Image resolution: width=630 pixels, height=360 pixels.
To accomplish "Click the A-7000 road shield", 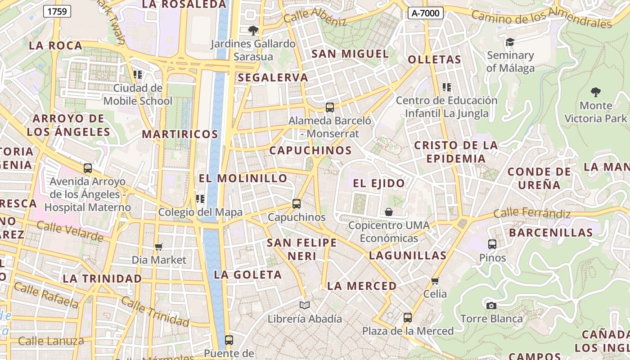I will click(425, 13).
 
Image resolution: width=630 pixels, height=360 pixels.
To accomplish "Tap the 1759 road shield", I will click(57, 11).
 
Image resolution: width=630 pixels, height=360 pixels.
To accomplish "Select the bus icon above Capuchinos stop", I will click(296, 204).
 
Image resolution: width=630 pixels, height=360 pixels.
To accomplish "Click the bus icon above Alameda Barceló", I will click(330, 108).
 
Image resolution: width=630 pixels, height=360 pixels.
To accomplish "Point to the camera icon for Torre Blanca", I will click(491, 306).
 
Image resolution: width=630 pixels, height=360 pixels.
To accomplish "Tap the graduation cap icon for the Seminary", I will click(510, 42).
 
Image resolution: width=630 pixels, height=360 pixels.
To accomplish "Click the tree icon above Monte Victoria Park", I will click(595, 92).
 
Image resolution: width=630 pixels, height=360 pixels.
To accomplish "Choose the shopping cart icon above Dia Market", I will click(158, 247).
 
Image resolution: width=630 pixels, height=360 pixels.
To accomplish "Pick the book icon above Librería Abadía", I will click(305, 306).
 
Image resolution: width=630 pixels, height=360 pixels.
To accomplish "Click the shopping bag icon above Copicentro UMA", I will click(389, 211).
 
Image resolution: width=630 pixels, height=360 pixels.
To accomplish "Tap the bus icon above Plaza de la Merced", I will click(408, 318).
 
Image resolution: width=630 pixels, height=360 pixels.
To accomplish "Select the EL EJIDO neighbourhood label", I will click(379, 183).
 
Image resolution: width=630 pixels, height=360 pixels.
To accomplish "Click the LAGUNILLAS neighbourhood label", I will click(408, 256).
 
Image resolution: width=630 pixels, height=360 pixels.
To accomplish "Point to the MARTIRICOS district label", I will click(180, 134).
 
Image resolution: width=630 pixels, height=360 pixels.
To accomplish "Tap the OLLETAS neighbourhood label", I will click(434, 60).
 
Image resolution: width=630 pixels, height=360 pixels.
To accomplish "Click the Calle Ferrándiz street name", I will click(532, 213).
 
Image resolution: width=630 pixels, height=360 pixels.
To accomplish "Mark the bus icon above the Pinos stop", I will click(492, 244).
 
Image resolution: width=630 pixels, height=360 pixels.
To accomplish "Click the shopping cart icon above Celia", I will click(435, 281).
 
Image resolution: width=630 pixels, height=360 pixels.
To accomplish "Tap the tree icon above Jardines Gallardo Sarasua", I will click(253, 31).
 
